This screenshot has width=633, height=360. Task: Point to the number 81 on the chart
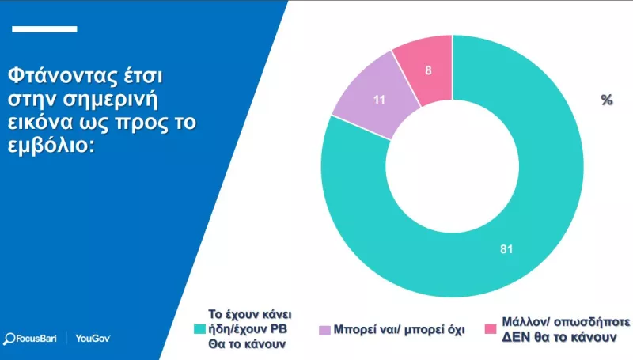click(506, 250)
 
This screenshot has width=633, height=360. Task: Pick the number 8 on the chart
click(428, 70)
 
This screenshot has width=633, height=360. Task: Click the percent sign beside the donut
click(607, 100)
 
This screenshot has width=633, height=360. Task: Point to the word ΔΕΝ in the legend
click(516, 336)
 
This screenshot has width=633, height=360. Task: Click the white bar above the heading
click(46, 29)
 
